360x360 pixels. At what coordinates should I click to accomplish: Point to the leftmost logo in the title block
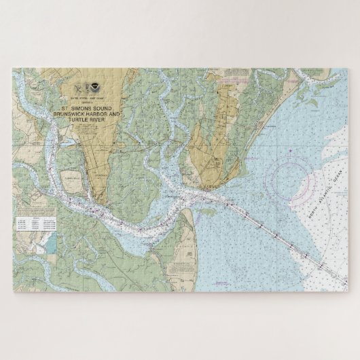[77, 87]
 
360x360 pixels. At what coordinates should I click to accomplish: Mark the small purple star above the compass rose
[290, 149]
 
